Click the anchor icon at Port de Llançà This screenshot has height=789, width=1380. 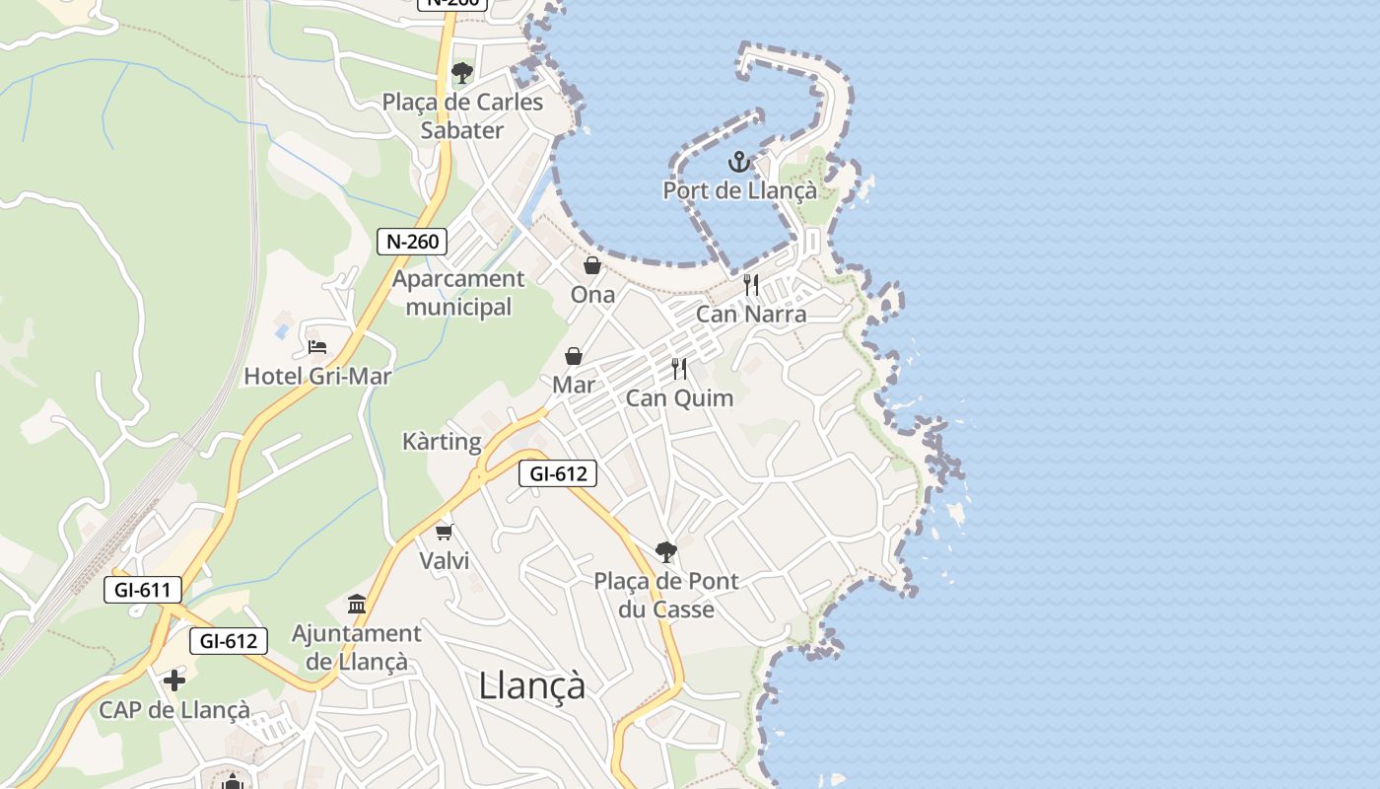pos(739,162)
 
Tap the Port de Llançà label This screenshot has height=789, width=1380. pos(739,190)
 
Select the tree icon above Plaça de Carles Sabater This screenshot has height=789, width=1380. pos(461,72)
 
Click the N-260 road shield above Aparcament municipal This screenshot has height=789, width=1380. pos(413,241)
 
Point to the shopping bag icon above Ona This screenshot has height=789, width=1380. pos(592,265)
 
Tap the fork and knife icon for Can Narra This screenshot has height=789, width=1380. pos(751,285)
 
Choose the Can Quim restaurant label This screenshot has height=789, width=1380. pos(679,398)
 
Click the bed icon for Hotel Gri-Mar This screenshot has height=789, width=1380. pos(316,347)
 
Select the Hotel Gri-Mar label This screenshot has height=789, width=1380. pos(317,376)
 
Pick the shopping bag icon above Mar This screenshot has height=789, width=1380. pos(574,356)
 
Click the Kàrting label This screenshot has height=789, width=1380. pos(442,441)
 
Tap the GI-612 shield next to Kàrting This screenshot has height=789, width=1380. pos(558,473)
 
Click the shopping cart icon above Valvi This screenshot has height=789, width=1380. pos(444,532)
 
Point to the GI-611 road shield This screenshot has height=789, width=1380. pos(143,591)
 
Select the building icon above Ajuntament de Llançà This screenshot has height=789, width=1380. pos(357,604)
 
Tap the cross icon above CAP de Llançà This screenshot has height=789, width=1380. pos(174,681)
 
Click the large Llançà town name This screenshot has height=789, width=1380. pos(532,684)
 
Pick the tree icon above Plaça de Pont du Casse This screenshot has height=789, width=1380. pos(666,551)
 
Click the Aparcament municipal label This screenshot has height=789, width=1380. pos(458,293)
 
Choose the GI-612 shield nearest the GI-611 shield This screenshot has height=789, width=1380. pos(229,641)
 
